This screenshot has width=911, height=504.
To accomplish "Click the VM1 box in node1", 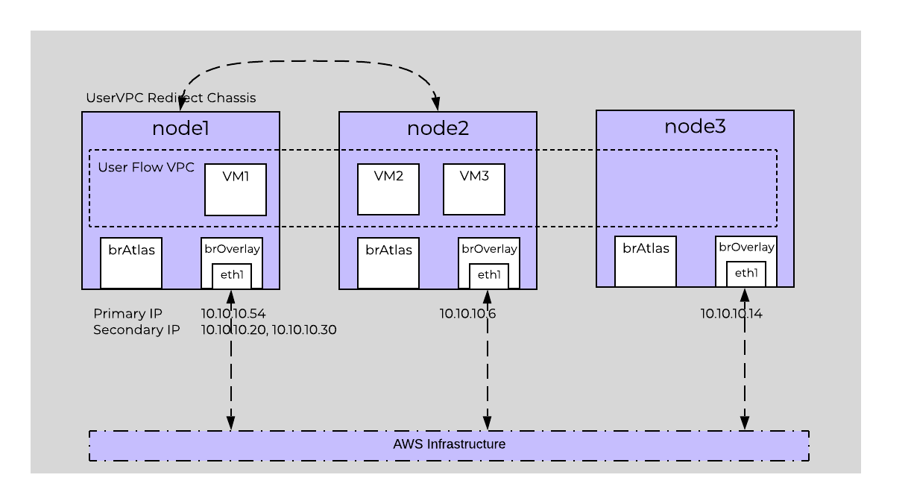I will (x=236, y=190).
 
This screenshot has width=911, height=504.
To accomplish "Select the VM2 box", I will (x=388, y=189).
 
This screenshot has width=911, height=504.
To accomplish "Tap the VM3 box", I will (x=474, y=189).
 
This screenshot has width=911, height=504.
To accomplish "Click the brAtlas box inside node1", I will (x=131, y=262).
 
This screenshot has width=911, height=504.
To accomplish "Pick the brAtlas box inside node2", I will (x=388, y=262).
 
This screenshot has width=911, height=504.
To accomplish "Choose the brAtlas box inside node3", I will (x=646, y=261).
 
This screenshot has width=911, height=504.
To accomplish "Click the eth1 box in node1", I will (x=232, y=276).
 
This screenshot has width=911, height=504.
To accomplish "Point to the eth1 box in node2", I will (x=489, y=275).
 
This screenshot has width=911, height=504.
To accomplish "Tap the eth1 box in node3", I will (x=746, y=274).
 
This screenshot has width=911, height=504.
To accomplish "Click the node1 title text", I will (x=180, y=128).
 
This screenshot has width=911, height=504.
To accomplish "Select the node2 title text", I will (x=438, y=128).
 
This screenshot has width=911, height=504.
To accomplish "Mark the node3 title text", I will (x=695, y=127).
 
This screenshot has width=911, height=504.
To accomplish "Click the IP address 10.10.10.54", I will (x=233, y=313).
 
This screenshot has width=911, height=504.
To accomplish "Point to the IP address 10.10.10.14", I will (x=731, y=314).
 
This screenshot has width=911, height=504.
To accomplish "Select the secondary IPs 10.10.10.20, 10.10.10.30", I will (x=269, y=330).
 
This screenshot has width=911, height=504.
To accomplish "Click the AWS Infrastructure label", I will (x=449, y=444).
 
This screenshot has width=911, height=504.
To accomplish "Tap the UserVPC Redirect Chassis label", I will (x=171, y=98).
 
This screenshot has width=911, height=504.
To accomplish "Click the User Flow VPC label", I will (x=146, y=167).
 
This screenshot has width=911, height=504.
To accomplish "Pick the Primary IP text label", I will (x=127, y=313).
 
